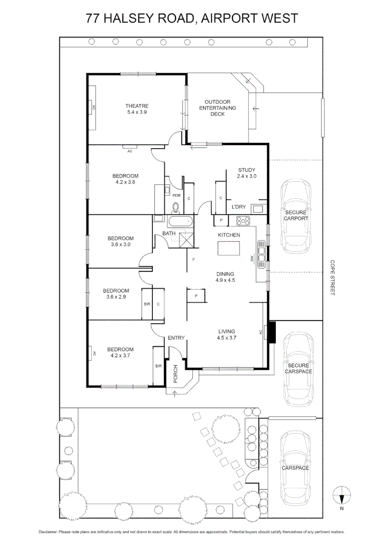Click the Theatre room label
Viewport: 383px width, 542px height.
point(137,109)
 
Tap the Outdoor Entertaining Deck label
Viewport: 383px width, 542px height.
point(218,108)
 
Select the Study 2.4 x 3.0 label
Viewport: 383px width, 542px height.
point(247,173)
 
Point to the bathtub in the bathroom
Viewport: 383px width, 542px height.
point(180,221)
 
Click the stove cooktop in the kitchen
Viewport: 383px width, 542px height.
point(244,220)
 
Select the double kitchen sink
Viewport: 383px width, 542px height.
point(261,249)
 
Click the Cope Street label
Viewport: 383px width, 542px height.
point(332,277)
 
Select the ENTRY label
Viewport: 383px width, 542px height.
point(176,337)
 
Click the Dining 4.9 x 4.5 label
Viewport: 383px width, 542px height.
point(225,277)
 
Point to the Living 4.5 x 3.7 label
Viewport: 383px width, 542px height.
point(227,334)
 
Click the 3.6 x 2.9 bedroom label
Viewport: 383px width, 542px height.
point(116,294)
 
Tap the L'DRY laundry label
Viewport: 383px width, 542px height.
point(238,207)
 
